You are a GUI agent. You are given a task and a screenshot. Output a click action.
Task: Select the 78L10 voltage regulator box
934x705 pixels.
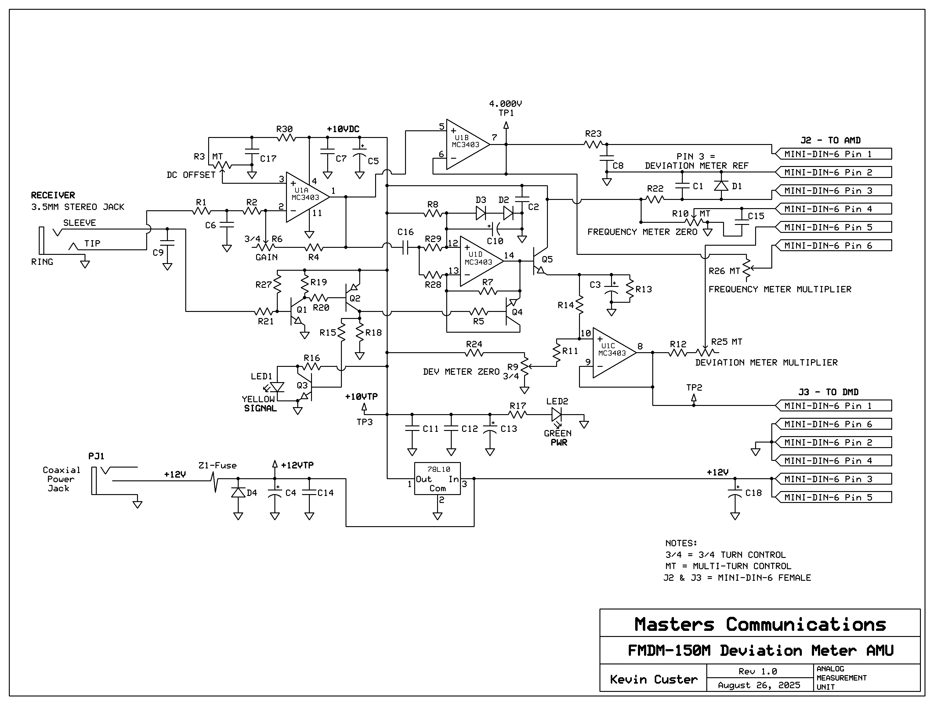[437, 478]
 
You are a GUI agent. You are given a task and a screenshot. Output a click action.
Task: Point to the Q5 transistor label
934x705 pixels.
[547, 259]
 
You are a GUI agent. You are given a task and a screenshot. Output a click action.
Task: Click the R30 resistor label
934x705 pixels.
[284, 129]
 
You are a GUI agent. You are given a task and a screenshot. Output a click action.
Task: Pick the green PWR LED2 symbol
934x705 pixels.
[556, 414]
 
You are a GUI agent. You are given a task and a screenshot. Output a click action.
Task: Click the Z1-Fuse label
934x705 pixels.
[217, 466]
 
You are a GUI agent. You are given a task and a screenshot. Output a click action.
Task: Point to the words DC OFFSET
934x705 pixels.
[191, 175]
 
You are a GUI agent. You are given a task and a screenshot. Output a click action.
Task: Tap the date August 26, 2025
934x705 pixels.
[759, 685]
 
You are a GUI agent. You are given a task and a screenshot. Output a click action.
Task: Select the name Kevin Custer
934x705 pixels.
[653, 679]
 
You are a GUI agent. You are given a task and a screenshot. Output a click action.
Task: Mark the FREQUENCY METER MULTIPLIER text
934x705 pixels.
[780, 289]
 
